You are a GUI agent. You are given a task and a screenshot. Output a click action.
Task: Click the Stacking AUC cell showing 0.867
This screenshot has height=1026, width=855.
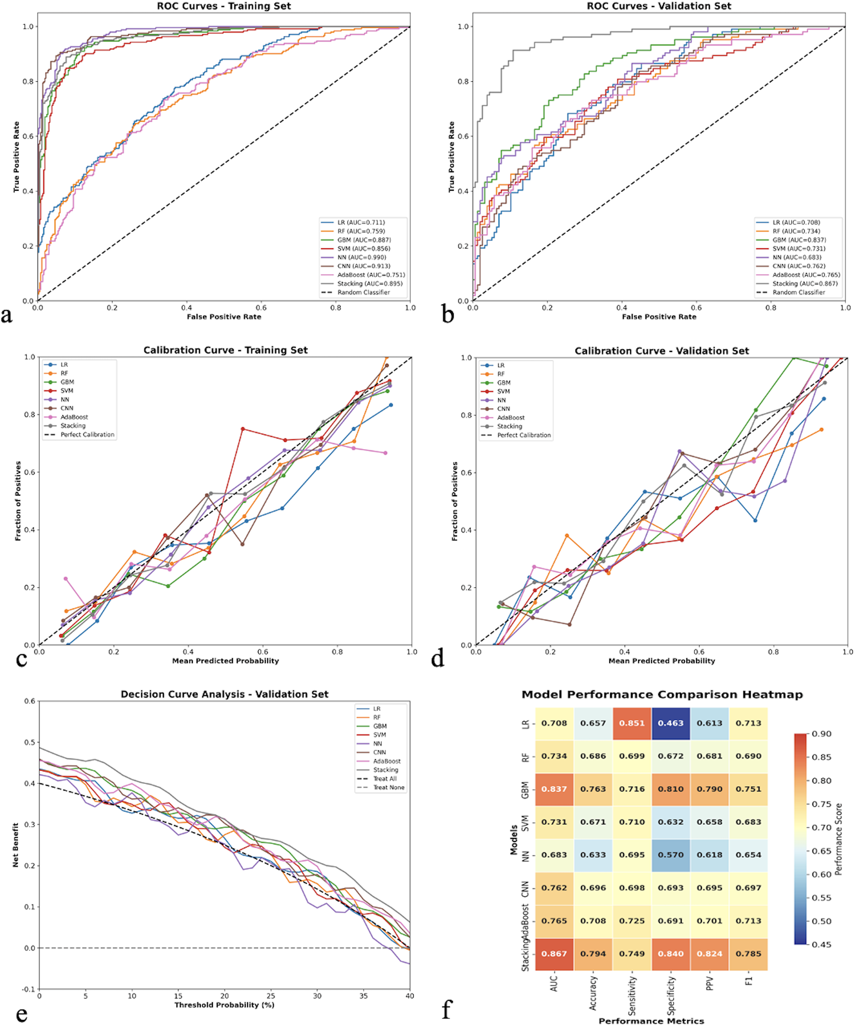coord(554,953)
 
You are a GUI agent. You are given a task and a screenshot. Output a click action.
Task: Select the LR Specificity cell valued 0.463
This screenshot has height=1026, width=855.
coord(670,722)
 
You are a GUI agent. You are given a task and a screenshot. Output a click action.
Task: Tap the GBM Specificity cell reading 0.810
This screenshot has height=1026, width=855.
coord(670,789)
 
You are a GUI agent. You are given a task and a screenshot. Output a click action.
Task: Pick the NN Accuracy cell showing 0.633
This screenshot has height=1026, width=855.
coord(593,854)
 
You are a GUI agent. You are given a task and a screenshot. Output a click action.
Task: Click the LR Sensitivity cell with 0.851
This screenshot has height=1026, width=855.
coord(632,722)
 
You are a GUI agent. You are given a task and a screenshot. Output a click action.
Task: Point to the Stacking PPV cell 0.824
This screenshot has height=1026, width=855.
coord(709,953)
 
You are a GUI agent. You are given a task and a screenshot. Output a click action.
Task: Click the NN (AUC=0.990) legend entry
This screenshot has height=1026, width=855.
coord(361,257)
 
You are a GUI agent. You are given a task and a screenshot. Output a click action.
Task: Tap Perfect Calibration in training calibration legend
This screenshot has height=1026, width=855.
coord(87,434)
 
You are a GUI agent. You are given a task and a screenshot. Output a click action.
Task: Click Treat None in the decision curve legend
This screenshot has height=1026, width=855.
coord(388,787)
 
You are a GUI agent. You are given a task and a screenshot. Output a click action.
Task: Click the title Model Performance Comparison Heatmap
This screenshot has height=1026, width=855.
coord(662,694)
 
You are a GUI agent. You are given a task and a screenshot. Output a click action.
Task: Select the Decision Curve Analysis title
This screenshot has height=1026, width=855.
coord(224,694)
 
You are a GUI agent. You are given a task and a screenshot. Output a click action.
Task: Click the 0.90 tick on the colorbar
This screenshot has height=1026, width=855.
coord(821,733)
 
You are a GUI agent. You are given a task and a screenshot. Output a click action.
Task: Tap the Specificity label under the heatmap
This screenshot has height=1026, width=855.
coord(671,996)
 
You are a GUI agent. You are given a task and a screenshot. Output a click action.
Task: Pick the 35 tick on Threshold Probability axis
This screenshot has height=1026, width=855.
coord(363,996)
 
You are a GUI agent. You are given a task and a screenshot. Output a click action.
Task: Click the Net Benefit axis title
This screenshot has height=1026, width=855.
coord(16,845)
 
